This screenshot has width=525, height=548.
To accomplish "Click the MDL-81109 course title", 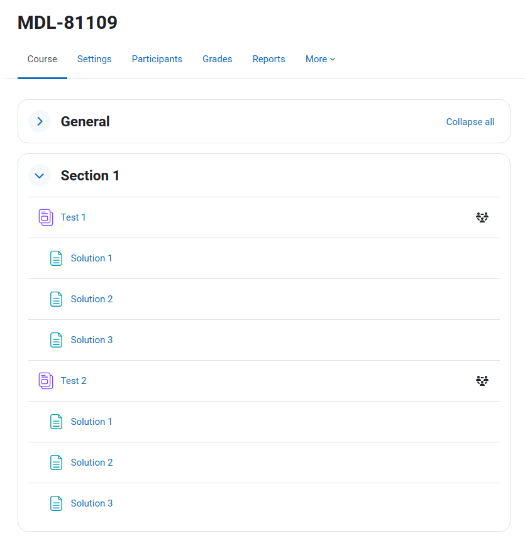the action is tap(67, 23).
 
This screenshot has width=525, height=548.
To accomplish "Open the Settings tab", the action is tap(94, 59).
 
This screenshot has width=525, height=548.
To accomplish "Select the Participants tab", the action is tap(157, 59).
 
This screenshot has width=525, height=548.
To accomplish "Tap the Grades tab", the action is tap(217, 59).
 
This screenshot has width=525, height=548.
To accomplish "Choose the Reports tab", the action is tap(268, 59).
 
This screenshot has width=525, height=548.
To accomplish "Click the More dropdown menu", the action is tap(321, 59).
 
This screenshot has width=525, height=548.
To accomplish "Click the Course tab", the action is tap(42, 59).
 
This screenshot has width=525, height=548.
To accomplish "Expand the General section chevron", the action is tap(40, 122).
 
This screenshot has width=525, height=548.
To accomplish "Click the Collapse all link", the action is tap(470, 122).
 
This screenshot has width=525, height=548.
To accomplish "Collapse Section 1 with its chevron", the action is tap(40, 175).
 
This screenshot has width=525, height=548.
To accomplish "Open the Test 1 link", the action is tap(73, 217).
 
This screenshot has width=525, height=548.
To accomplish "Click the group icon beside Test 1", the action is tap(482, 217).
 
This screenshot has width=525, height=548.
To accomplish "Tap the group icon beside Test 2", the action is tap(482, 381).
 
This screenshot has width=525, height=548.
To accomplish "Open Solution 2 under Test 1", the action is tap(92, 299).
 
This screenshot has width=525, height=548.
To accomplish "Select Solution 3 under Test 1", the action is tap(92, 340).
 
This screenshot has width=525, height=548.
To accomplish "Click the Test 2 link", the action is tap(74, 381).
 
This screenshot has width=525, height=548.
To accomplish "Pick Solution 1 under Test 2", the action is tap(91, 422).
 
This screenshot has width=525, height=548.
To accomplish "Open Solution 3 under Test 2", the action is tap(92, 503).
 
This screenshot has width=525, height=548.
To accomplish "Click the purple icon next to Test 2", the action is tap(46, 381).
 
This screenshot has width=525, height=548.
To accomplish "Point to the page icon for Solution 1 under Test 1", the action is tap(56, 258).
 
